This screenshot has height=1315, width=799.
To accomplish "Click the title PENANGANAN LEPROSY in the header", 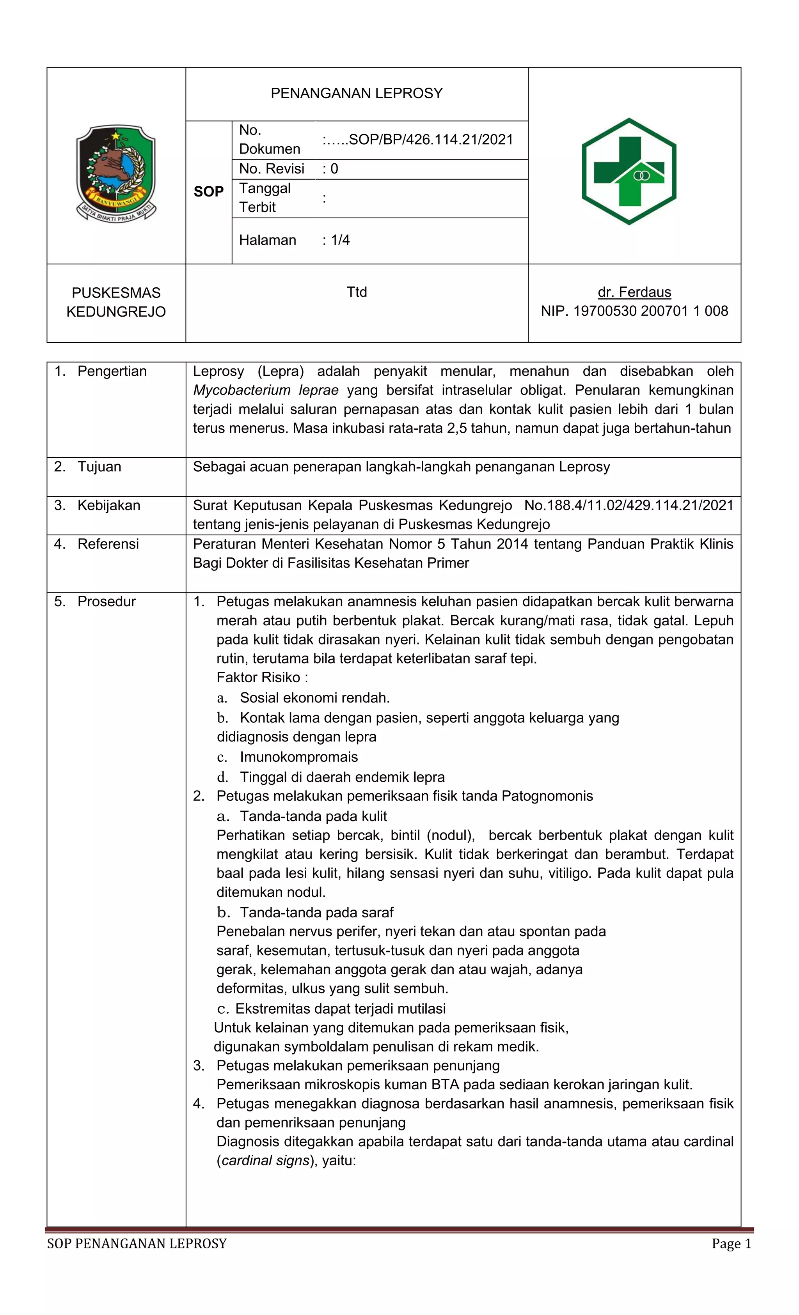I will coord(356,94).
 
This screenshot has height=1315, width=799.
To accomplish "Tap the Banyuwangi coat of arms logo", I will coord(116,173).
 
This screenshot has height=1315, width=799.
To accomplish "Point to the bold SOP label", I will coord(208,191).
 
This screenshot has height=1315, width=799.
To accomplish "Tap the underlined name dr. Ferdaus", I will coord(634,292).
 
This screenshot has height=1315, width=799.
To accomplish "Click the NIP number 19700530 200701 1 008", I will coord(650,311).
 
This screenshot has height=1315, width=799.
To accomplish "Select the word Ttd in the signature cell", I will coord(356,292).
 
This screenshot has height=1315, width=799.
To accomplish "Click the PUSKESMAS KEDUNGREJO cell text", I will coord(116,302).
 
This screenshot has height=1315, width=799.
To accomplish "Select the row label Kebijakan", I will coord(108,505).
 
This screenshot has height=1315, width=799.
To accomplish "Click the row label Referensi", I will coord(108,544).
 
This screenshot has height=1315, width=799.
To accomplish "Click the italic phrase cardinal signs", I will coord(265,1160).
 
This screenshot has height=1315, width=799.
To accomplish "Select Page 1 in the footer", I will coord(731,1244).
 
